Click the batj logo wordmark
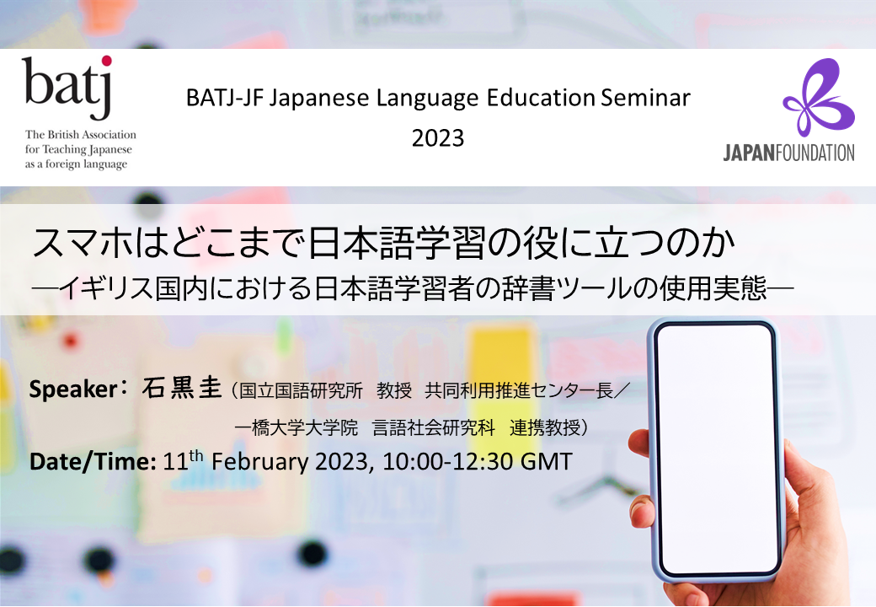point(67,87)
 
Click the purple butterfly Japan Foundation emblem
point(819,97)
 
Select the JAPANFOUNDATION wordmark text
point(788,153)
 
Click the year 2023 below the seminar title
point(438,138)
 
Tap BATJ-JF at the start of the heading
point(225,99)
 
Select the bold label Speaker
point(73,389)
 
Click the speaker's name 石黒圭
point(182,389)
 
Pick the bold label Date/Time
point(93,462)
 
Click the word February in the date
point(259,463)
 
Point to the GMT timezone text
point(547,462)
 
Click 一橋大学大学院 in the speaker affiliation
point(296,427)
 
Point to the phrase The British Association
point(81,135)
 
